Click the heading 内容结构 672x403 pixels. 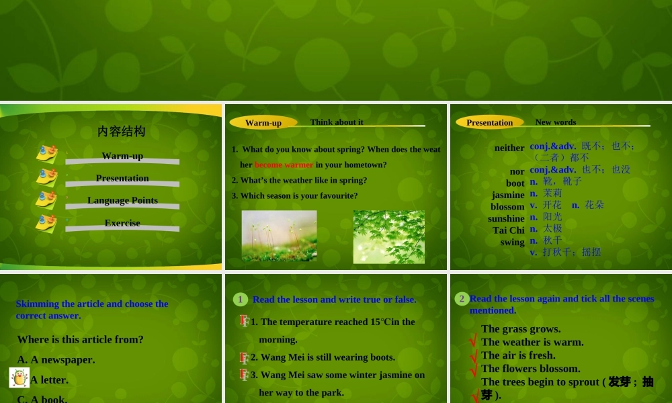pos(121,132)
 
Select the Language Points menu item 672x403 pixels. pos(122,200)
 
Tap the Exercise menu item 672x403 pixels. pos(122,223)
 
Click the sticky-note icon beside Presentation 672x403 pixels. pos(46,177)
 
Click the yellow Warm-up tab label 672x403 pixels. pos(263,122)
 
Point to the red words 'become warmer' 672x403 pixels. pos(284,165)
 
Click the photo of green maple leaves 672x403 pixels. pos(388,236)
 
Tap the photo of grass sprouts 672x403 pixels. pos(279,235)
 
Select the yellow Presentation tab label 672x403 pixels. pos(489,122)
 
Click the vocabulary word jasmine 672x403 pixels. pos(508,195)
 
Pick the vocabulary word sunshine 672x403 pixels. pos(506,218)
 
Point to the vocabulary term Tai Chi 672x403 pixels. pos(508,230)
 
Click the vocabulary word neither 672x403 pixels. pos(509,148)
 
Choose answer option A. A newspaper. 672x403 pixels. pos(56,359)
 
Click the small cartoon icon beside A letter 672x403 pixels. pos(19,377)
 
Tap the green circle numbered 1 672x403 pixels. pos(240,299)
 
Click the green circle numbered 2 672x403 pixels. pos(462,299)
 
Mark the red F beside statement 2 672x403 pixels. pos(244,357)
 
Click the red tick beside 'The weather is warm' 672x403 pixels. pos(473,343)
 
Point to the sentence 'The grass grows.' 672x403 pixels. pos(521,328)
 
